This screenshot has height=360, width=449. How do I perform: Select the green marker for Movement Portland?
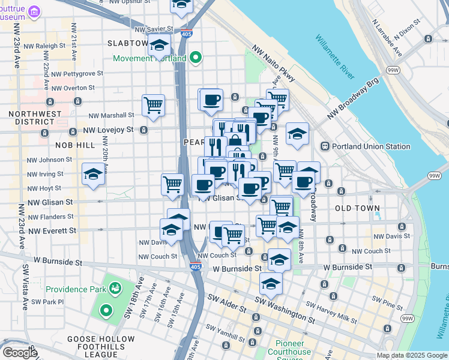click(195, 58)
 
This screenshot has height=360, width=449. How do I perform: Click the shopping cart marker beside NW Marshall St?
click(154, 105)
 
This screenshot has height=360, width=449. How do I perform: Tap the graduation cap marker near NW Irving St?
click(93, 174)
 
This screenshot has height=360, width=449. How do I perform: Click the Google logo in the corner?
click(20, 353)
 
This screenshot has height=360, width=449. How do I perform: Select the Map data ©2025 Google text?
click(412, 355)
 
